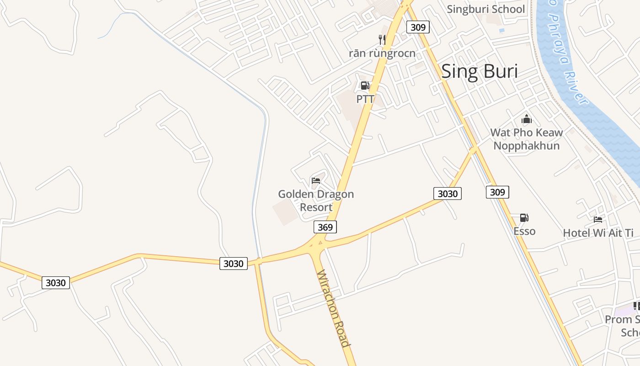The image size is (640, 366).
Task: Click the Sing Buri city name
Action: point(480,72)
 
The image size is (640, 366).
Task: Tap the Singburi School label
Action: point(485,9)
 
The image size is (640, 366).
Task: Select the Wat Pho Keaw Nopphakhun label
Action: point(527,139)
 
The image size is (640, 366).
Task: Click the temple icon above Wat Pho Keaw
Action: point(527,119)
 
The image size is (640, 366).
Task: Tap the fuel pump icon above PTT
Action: point(365,86)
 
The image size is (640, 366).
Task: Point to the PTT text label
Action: point(365,99)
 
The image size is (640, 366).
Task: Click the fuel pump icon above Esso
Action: point(524,218)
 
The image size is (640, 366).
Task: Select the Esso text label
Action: point(524,231)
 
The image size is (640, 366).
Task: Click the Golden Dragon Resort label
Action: point(316,200)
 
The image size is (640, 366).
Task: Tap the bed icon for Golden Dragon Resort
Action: point(316,181)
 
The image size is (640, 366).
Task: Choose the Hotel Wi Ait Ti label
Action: point(598,233)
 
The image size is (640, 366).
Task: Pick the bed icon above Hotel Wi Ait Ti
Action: point(598,220)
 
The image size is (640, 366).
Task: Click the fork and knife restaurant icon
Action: point(382,40)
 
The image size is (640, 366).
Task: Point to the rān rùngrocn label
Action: point(382,53)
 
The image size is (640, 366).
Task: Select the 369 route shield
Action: point(325,227)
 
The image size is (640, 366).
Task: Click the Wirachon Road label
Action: point(334,309)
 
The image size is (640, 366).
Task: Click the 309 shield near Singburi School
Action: point(418,27)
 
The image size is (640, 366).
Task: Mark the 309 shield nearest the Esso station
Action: point(497,192)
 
